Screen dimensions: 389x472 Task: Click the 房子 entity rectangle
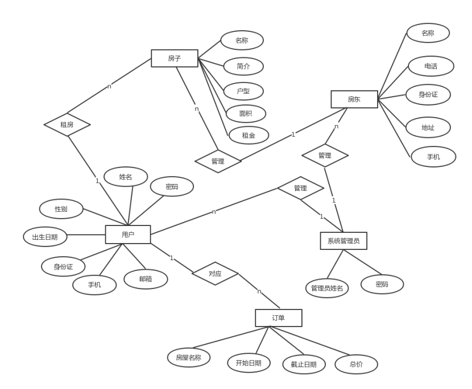tap(175, 58)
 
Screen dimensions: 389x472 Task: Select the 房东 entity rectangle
tap(354, 99)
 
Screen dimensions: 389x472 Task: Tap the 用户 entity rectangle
tap(128, 235)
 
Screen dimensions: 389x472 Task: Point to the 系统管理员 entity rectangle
tap(343, 241)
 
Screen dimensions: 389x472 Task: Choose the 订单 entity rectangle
tap(279, 318)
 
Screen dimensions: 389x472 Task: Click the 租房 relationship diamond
tap(67, 125)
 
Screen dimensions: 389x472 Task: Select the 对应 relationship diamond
tap(215, 274)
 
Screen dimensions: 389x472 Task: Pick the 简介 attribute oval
tap(243, 66)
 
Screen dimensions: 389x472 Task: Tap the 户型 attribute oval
tap(243, 91)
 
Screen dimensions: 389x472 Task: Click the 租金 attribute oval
tap(249, 135)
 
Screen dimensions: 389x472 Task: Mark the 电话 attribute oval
tap(431, 66)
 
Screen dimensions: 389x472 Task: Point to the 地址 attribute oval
tap(428, 128)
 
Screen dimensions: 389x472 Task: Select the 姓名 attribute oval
tap(126, 177)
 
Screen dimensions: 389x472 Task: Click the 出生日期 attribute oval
tap(45, 237)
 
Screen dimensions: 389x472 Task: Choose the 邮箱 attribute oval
tap(146, 279)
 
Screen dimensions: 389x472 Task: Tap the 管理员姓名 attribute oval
tap(327, 288)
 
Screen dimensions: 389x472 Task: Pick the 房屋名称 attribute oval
tap(189, 358)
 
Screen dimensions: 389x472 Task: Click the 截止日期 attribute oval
tap(304, 365)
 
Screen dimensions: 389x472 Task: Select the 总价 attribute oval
tap(357, 365)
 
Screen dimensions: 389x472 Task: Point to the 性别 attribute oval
tap(61, 209)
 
